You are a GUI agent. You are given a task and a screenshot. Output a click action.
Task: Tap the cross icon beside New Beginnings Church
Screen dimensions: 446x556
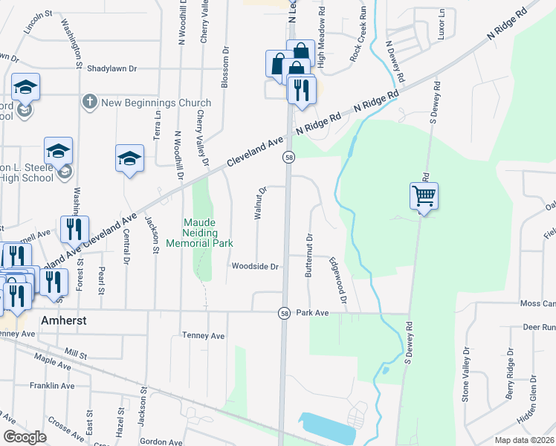(x=88, y=102)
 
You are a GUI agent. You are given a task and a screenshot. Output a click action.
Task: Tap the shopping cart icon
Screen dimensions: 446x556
(x=424, y=196)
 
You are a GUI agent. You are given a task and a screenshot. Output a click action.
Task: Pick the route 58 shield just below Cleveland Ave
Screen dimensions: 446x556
(x=288, y=158)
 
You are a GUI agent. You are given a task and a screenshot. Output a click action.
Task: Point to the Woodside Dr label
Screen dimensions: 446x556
(x=255, y=266)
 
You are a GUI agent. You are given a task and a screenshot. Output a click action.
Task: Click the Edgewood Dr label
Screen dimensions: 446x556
(x=339, y=280)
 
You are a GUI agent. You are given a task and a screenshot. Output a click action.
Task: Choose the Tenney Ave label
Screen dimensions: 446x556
(x=203, y=336)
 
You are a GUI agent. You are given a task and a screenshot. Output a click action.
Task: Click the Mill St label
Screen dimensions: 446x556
(x=76, y=353)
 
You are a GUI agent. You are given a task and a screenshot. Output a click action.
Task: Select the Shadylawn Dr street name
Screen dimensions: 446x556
(x=112, y=68)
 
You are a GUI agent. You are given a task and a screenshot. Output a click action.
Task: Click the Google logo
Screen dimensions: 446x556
(x=25, y=437)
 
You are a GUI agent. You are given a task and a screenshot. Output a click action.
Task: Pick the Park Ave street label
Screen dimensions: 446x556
(x=312, y=313)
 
